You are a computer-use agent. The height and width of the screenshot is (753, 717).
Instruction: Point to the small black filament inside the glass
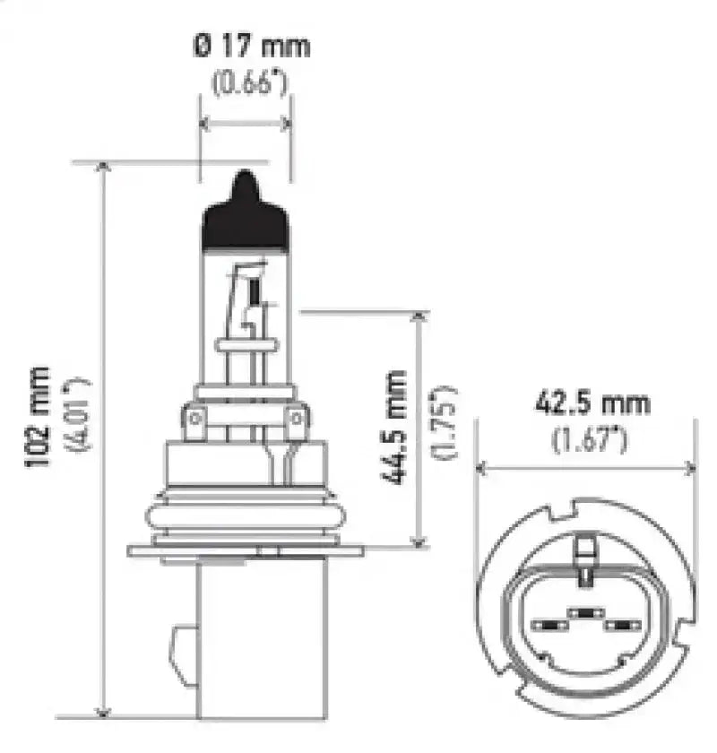[254, 291]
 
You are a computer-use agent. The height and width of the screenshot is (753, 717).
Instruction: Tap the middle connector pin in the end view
[584, 613]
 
